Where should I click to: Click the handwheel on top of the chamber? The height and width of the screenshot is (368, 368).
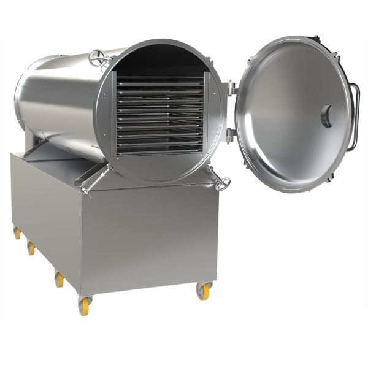(x=96, y=58)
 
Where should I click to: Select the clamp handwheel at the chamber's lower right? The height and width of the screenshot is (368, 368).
(x=224, y=182)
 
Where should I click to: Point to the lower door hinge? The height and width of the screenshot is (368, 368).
(x=231, y=133)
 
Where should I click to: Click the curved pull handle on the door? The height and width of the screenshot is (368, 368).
(x=354, y=117)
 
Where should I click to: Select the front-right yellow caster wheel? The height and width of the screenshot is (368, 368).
(x=202, y=291)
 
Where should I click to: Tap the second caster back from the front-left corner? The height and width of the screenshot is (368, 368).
(x=59, y=280)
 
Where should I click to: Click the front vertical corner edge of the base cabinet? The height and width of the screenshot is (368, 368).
(x=78, y=245)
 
